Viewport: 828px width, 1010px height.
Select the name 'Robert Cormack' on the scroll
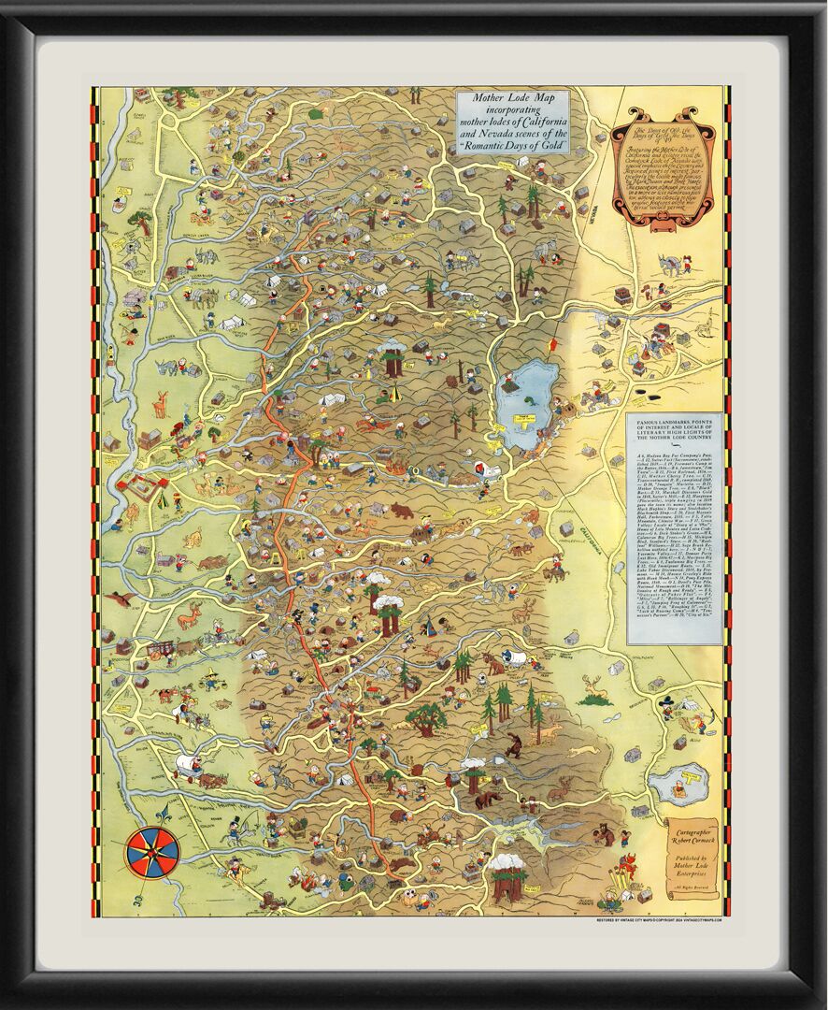(x=691, y=838)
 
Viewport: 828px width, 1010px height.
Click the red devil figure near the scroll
(x=628, y=865)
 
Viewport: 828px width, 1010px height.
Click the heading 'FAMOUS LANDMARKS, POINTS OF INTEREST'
(x=674, y=426)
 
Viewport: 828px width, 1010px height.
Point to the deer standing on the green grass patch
(x=593, y=690)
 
